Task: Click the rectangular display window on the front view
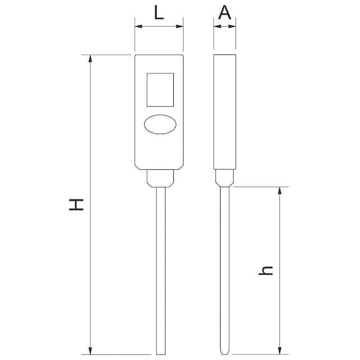[160, 90]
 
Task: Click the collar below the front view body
[161, 178]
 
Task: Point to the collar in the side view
[225, 178]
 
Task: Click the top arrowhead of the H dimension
[91, 58]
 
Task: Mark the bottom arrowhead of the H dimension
[91, 351]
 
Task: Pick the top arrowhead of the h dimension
[280, 190]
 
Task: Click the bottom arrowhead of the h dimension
[280, 351]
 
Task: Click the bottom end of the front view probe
[161, 353]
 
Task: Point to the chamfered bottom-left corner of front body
[137, 167]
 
